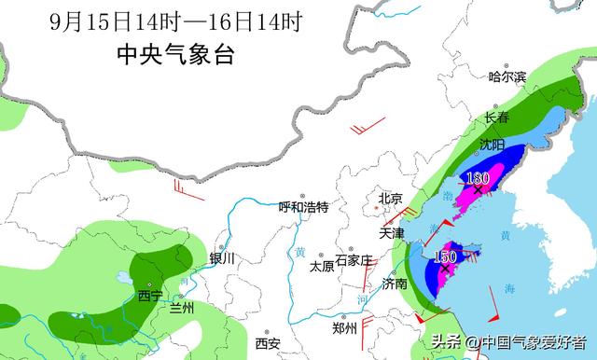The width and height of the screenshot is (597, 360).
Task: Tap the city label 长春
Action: tap(496, 118)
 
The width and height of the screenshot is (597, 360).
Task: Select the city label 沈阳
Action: tap(492, 145)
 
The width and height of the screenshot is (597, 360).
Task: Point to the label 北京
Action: tap(390, 199)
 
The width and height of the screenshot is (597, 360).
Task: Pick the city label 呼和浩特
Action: tap(304, 207)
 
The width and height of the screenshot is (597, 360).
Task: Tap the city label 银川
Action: tap(222, 258)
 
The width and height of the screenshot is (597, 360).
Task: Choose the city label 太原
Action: tap(322, 266)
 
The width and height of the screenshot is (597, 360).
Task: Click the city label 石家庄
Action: tap(354, 259)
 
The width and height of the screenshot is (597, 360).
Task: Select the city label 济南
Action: tap(395, 284)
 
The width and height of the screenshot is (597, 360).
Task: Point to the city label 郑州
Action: tap(344, 328)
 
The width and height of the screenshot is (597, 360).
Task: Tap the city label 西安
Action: tap(268, 343)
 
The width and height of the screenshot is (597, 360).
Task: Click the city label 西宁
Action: tap(149, 296)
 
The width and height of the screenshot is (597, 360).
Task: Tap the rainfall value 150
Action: tap(445, 256)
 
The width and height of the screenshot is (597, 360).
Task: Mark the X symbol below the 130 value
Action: tap(478, 190)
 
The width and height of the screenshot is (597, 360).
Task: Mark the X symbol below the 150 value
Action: tap(445, 269)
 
